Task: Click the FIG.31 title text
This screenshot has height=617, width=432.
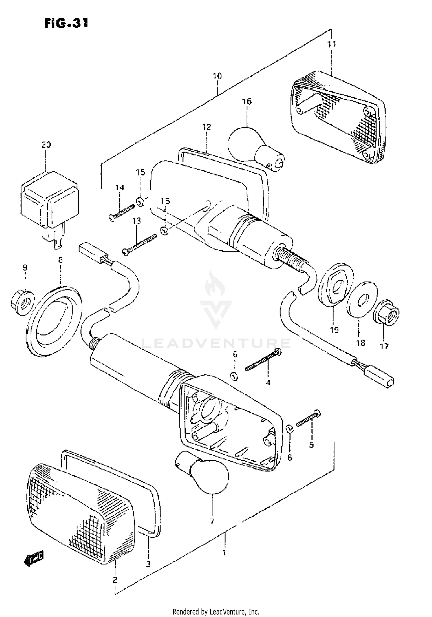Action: [66, 23]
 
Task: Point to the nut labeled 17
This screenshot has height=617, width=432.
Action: [386, 317]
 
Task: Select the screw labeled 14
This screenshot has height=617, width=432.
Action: [122, 212]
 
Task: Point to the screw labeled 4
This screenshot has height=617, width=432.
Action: [264, 360]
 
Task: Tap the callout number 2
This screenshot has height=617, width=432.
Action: [115, 579]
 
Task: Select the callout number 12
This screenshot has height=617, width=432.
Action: [206, 127]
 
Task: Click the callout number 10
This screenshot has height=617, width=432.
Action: [217, 76]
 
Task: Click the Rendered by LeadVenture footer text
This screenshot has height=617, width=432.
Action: [216, 611]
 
